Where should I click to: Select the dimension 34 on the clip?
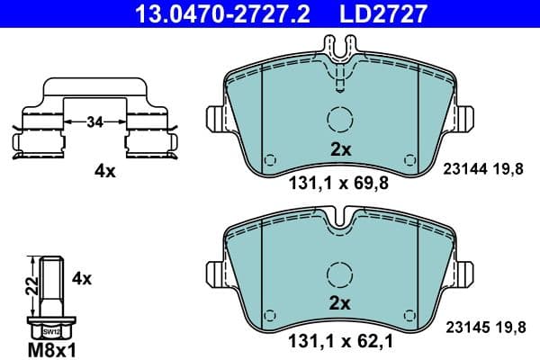(x=94, y=121)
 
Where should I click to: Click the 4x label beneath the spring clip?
(x=105, y=171)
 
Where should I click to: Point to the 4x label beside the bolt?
(x=82, y=278)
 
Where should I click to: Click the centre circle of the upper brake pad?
(x=339, y=120)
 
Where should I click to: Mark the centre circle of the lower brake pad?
(x=339, y=274)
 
